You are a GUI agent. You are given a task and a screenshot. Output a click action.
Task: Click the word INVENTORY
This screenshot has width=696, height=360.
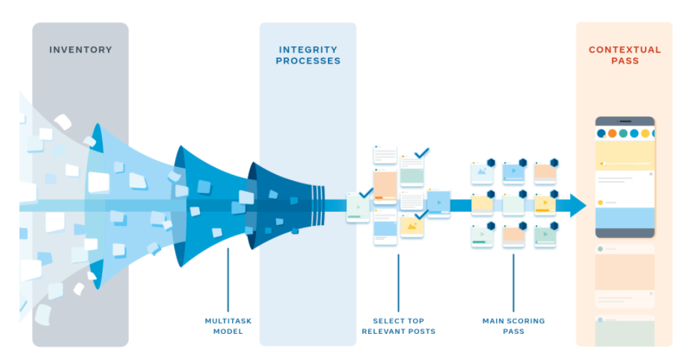click(x=80, y=50)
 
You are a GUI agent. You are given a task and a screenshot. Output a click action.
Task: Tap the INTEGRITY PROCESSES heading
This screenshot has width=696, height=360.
click(x=308, y=55)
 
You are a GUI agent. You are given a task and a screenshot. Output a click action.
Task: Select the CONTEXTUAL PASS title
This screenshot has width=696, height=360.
click(x=624, y=55)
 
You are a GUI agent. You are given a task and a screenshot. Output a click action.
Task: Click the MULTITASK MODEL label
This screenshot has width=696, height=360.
click(x=228, y=326)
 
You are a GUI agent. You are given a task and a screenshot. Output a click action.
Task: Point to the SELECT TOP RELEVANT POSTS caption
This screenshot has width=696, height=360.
click(x=398, y=326)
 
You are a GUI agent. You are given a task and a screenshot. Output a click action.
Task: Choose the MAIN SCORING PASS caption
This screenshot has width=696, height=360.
click(x=514, y=326)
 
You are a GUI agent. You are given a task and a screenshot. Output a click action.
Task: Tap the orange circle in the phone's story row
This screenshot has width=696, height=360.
click(x=612, y=133)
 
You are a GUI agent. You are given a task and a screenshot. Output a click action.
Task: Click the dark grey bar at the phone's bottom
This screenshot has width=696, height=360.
click(x=624, y=233)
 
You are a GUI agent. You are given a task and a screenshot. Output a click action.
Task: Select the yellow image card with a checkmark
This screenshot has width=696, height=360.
click(x=412, y=227)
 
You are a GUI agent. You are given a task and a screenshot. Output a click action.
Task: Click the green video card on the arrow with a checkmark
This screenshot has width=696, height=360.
click(x=358, y=207)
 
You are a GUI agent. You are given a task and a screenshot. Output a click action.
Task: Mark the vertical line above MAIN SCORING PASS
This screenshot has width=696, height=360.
click(x=514, y=282)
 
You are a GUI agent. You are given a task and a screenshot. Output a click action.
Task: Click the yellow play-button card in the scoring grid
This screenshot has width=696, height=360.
click(x=544, y=204)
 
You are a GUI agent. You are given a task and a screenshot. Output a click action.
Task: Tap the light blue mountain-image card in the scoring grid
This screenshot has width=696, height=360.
click(x=481, y=172)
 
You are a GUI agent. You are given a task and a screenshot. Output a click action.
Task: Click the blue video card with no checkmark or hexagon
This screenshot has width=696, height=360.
click(x=439, y=203)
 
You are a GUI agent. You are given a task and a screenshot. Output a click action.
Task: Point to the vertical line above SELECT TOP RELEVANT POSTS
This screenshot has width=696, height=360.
click(x=398, y=282)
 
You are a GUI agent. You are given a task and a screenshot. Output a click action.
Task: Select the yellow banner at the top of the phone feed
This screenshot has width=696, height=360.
click(x=624, y=155)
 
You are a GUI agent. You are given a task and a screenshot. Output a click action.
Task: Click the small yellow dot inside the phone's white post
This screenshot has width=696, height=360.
click(x=601, y=202)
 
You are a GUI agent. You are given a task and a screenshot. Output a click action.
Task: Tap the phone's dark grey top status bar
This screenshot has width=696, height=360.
click(x=624, y=121)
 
